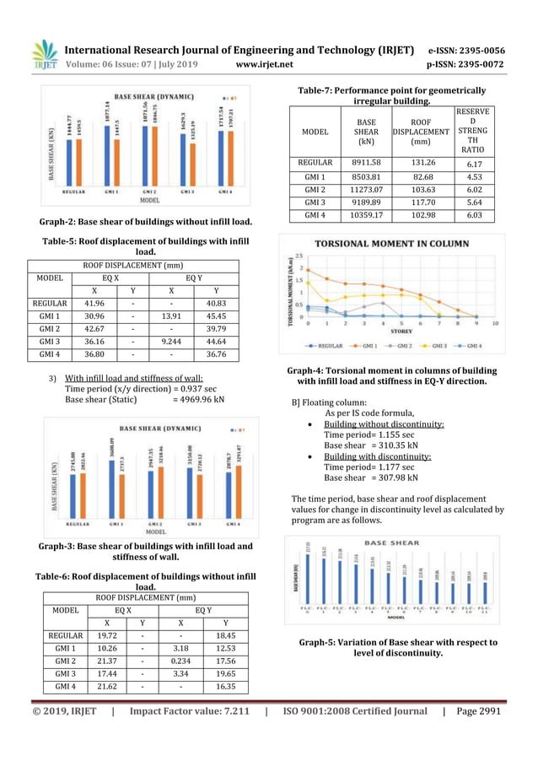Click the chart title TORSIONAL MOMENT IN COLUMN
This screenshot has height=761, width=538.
tap(377, 243)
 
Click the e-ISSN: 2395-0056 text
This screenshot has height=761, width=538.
tap(467, 49)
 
